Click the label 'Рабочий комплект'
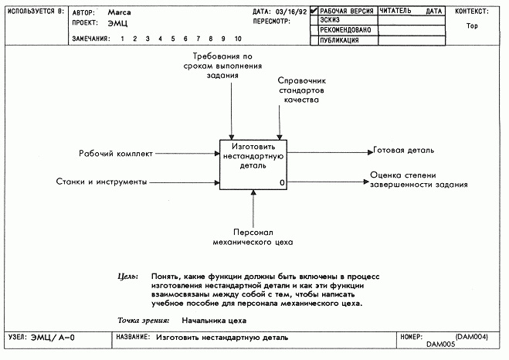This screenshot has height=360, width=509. (116, 154)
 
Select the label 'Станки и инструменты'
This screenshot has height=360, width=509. (102, 182)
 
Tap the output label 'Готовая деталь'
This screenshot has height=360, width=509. (403, 151)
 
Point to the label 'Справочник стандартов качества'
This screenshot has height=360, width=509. (301, 90)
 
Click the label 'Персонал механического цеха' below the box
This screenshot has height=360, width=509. (253, 237)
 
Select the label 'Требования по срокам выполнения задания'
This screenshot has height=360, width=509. (222, 66)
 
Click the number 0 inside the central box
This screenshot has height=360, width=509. (282, 183)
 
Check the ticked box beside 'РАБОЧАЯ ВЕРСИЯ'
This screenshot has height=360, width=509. (314, 11)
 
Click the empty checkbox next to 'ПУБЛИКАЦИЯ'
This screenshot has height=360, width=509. (314, 41)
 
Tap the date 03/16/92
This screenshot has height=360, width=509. (291, 12)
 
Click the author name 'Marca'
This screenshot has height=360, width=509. (120, 12)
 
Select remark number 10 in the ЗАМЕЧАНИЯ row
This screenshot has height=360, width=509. (238, 39)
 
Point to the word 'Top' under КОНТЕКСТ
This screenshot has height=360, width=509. (472, 26)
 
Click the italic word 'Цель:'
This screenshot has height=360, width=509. (127, 277)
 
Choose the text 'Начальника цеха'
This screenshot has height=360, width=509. (214, 321)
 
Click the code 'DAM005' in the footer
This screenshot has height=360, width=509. (441, 344)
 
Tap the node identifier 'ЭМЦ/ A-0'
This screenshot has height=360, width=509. (53, 338)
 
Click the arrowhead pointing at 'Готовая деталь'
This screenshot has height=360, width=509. (371, 152)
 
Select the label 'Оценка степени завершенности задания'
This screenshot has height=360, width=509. (419, 180)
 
